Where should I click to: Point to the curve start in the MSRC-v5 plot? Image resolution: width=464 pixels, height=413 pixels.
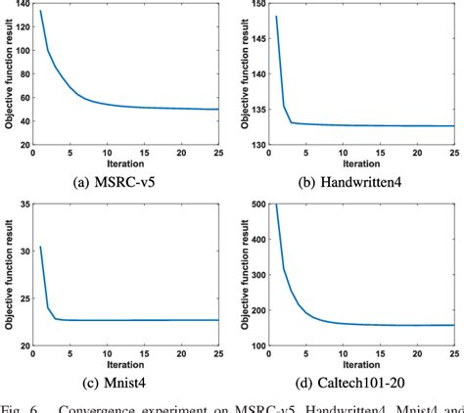[40, 11]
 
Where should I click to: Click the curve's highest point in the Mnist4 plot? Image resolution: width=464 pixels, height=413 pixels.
[40, 247]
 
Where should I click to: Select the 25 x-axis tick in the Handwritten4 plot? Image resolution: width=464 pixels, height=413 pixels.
[454, 152]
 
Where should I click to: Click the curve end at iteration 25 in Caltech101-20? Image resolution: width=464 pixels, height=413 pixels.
[454, 325]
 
